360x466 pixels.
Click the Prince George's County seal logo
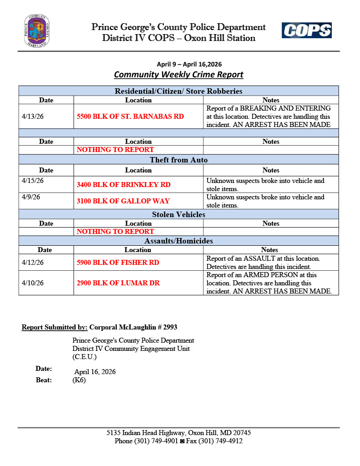click(37, 31)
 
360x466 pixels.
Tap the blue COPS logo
click(306, 30)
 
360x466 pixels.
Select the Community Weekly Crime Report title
click(178, 75)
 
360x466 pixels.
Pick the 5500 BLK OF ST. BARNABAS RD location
click(130, 116)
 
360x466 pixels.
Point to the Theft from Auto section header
click(178, 160)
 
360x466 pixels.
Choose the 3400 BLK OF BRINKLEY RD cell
click(124, 185)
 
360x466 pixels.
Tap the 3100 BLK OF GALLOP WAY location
click(123, 201)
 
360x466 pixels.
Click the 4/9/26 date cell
click(30, 198)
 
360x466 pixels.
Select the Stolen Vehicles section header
click(178, 214)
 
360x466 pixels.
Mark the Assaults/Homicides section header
click(178, 241)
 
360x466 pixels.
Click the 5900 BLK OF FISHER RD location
click(118, 263)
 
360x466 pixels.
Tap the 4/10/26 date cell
click(33, 283)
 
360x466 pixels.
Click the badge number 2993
click(170, 327)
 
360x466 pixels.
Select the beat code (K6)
click(79, 380)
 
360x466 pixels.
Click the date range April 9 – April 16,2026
click(189, 64)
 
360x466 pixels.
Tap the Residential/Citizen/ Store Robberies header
click(178, 91)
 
